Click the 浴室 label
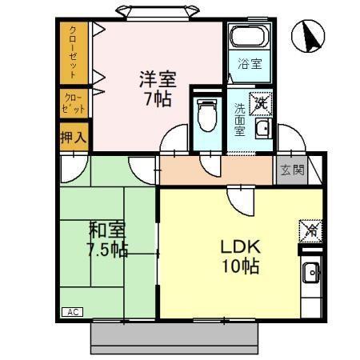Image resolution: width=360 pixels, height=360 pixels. pyautogui.click(x=249, y=64)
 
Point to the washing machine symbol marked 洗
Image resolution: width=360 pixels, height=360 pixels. pyautogui.click(x=260, y=102)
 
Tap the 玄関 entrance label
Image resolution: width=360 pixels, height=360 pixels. pyautogui.click(x=291, y=170)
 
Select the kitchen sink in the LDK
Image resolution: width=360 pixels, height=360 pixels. pyautogui.click(x=311, y=277)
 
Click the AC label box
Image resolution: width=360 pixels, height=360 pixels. pyautogui.click(x=72, y=311)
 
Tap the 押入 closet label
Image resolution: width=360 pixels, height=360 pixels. pyautogui.click(x=73, y=137)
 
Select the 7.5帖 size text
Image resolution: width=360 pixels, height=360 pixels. pyautogui.click(x=108, y=250)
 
